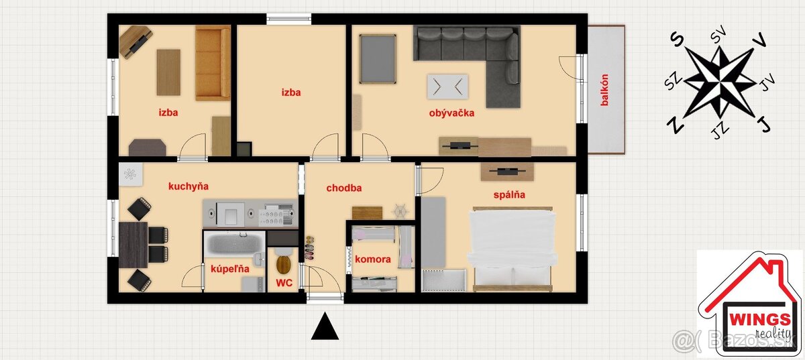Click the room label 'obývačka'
451,113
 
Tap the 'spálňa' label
509,194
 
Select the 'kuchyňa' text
189,186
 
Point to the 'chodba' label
344,188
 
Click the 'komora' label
373,259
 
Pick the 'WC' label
284,283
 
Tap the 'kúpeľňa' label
229,269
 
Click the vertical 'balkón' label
604,90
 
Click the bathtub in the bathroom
234,243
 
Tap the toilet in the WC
283,263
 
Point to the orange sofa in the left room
213,63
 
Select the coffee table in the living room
447,86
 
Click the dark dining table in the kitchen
133,245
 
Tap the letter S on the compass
678,39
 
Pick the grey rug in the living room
378,59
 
